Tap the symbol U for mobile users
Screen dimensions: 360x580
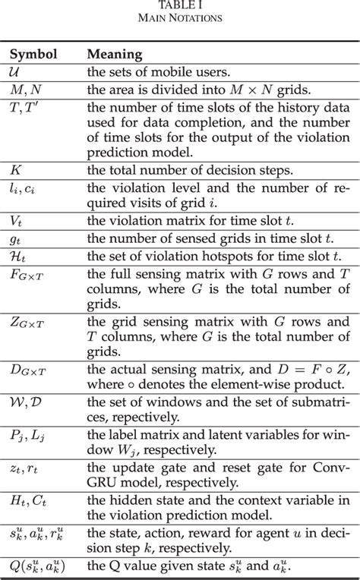click(15, 74)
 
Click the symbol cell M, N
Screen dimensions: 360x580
click(24, 90)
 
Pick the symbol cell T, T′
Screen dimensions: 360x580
click(22, 107)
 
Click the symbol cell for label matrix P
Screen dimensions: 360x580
click(24, 436)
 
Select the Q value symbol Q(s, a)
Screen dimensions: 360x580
click(39, 566)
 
